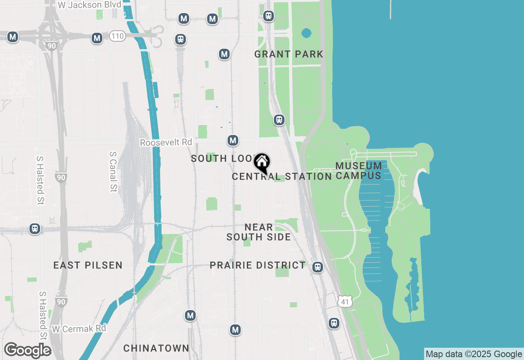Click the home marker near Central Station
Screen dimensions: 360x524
click(x=262, y=162)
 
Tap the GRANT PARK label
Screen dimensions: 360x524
click(x=289, y=54)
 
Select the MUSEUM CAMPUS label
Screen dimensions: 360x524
click(x=359, y=171)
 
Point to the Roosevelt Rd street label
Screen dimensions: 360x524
click(x=166, y=142)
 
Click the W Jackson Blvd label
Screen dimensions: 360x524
click(x=89, y=5)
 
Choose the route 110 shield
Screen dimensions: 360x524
click(x=117, y=36)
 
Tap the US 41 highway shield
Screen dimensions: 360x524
click(x=345, y=302)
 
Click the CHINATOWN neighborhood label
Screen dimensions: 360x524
click(x=156, y=348)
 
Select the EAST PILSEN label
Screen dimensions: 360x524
click(x=88, y=265)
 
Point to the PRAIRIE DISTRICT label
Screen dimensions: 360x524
click(x=257, y=265)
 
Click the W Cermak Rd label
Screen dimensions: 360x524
click(x=79, y=328)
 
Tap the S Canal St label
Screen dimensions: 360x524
click(x=113, y=172)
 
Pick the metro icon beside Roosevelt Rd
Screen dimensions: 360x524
click(x=233, y=141)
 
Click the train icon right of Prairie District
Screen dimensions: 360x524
click(x=317, y=267)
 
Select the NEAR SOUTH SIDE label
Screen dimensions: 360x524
click(x=259, y=232)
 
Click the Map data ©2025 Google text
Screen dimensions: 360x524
click(x=474, y=354)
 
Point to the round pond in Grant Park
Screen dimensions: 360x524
click(x=306, y=33)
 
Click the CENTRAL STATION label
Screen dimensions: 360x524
click(x=282, y=176)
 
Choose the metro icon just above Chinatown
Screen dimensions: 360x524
click(x=190, y=315)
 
